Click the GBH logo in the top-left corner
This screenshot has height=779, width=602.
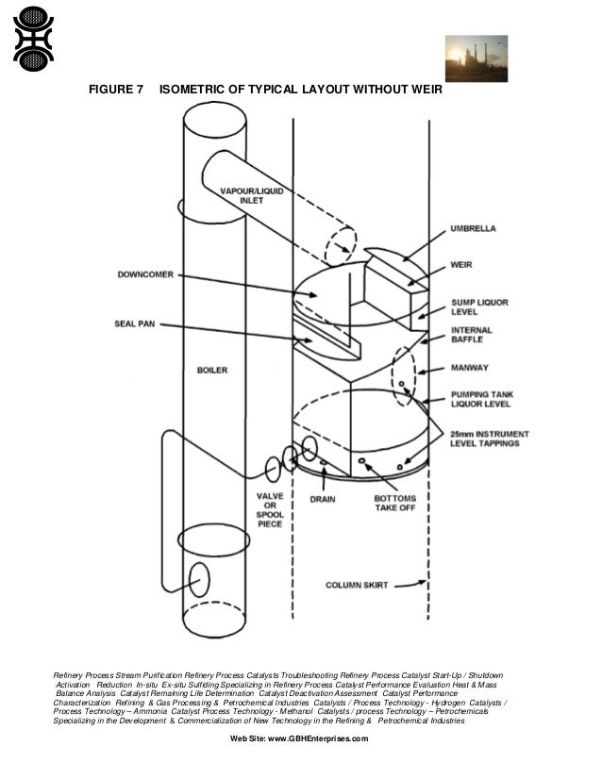pos(33,39)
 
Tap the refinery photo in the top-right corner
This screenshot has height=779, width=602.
pos(476,59)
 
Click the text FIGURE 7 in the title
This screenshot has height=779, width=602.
pos(115,91)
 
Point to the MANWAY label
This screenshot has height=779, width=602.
pos(470,369)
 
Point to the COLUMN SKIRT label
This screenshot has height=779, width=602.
pos(353,585)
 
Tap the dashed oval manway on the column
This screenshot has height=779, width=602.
pos(404,376)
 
